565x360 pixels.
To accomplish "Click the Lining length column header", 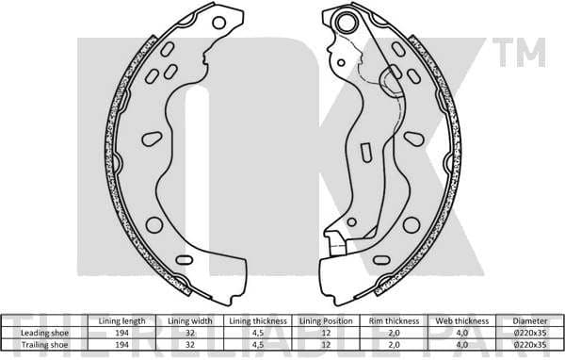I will [x=121, y=321].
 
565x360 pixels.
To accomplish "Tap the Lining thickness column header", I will [x=256, y=321].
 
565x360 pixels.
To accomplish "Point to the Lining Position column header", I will [x=326, y=321].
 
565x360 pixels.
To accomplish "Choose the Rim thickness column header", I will [x=394, y=321].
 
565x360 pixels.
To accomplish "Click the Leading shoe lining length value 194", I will [x=121, y=332].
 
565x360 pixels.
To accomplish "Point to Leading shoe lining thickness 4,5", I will [x=256, y=332].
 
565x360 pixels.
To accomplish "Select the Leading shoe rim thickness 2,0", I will [x=394, y=332].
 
